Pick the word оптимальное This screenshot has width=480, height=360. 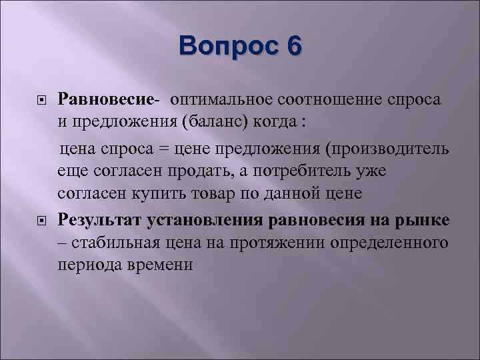click(x=217, y=99)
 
